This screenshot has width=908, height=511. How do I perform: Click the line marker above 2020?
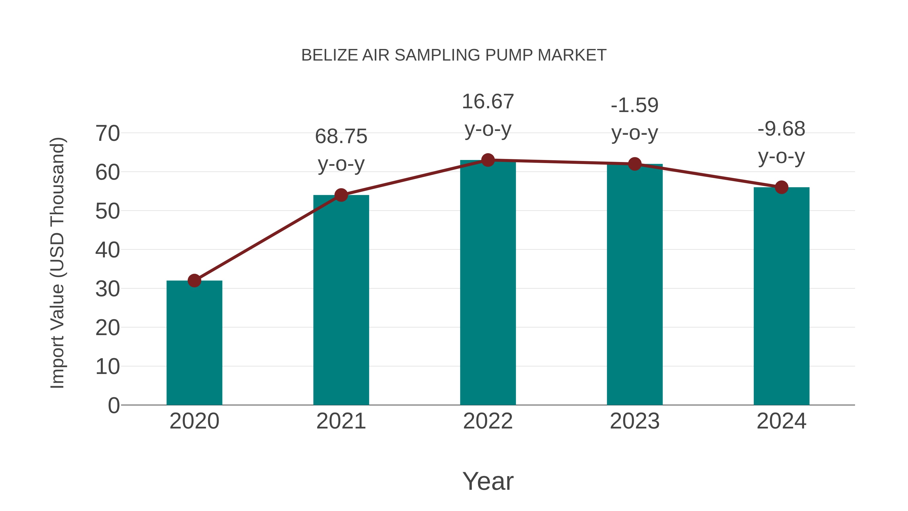194,281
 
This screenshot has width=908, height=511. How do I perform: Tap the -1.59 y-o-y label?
635,119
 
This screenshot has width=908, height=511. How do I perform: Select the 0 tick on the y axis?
114,405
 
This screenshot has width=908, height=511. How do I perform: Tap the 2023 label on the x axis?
635,421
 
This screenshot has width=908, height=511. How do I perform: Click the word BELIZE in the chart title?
330,55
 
